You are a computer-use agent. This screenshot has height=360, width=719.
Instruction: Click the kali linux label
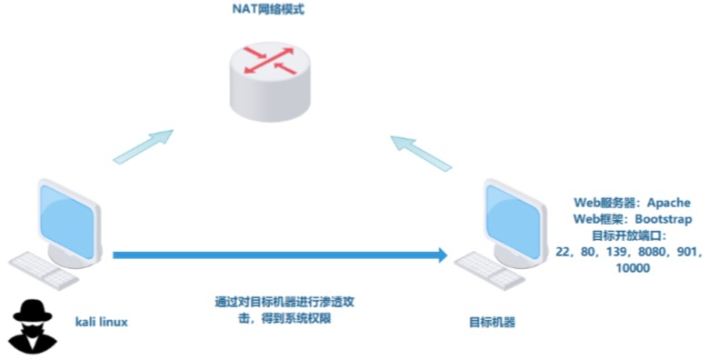coord(100,321)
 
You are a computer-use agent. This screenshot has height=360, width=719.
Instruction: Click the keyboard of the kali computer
coord(41,266)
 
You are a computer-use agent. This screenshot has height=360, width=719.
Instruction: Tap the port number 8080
coord(649,253)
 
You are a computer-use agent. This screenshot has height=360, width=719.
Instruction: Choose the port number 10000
coord(634,270)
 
